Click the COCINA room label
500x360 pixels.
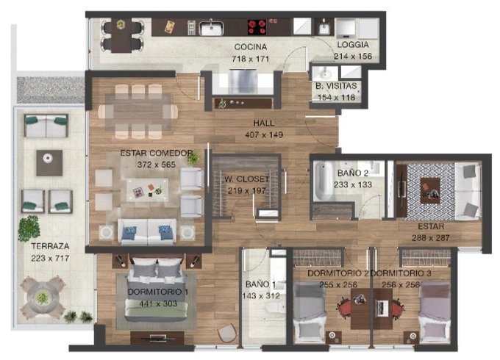coord(250,47)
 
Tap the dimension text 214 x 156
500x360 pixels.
coord(353,57)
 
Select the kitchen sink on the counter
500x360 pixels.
coord(211,28)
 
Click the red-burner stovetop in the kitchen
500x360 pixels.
coord(257,27)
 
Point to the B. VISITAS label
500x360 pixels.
coord(336,86)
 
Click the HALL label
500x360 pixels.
coord(264,123)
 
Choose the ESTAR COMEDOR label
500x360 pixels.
coord(156,154)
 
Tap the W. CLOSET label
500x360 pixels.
coord(246,179)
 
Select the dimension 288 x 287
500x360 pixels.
coord(430,238)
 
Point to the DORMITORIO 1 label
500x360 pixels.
coord(158,292)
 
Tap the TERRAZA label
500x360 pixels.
coord(50,246)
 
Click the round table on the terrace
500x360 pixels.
coord(42,298)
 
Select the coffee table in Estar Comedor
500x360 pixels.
coord(147,190)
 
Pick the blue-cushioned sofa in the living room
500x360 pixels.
coord(147,231)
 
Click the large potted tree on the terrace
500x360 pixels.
coord(29,228)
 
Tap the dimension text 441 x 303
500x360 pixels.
coord(158,303)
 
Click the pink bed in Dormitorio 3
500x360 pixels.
coord(434,312)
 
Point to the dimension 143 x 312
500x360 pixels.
coord(261,296)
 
